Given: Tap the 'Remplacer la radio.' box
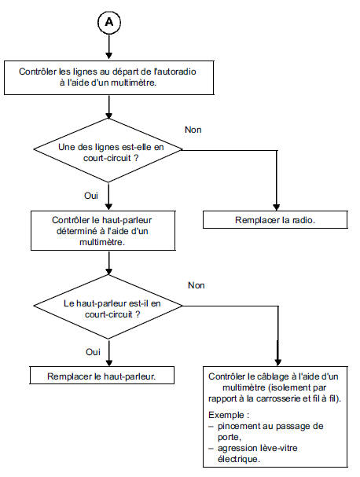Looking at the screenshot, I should click(276, 220).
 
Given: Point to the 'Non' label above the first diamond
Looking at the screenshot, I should click(193, 128).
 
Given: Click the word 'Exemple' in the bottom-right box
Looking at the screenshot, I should click(227, 413).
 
